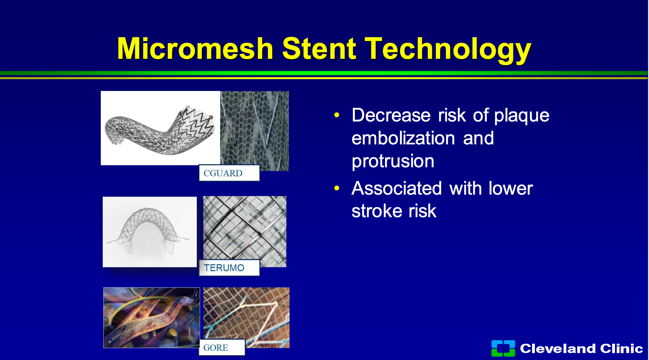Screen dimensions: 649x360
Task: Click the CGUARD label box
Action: (229, 173)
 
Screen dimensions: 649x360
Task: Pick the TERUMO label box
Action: (229, 268)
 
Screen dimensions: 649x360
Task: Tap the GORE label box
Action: (222, 347)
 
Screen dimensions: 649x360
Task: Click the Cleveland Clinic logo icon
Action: (503, 348)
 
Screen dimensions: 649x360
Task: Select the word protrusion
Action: (393, 161)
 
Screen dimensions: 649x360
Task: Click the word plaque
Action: (522, 116)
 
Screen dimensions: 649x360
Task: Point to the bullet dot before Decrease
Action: (337, 115)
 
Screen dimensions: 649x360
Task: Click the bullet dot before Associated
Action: (337, 188)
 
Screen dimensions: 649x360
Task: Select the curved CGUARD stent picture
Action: (161, 128)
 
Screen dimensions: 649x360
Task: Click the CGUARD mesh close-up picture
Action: (255, 131)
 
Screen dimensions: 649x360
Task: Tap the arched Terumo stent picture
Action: (150, 232)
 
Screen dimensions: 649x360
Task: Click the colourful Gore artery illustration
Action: (152, 318)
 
